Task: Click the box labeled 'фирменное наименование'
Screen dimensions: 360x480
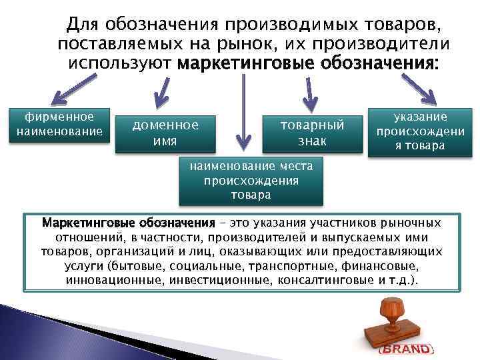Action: (x=59, y=124)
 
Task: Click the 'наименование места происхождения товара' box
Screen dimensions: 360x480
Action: (x=251, y=179)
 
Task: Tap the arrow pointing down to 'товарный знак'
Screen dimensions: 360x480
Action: (x=309, y=93)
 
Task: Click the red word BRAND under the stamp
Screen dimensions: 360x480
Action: (x=406, y=349)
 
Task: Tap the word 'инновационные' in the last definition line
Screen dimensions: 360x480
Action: (x=109, y=278)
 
